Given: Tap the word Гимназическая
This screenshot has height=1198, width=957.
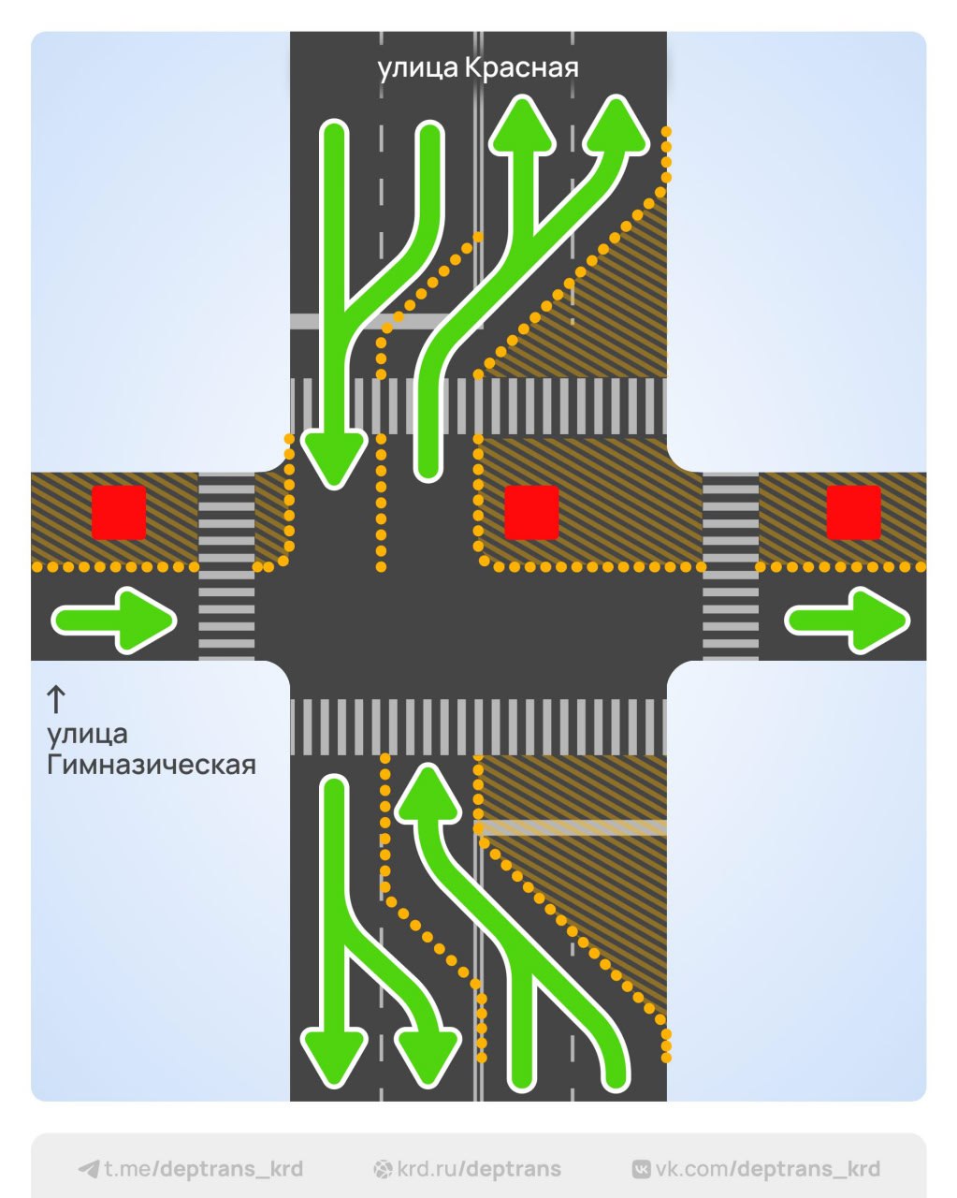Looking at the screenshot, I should pos(152,765).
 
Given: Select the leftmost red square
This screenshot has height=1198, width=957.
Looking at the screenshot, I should pos(119,512).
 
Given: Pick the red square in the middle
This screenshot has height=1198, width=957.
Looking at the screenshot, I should pos(531,512).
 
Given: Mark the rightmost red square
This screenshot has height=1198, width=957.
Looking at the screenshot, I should pos(853,512).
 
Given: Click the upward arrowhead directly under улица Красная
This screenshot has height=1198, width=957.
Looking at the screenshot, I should pos(522,127).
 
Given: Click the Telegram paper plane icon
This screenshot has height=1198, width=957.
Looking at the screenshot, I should pos(89,1169).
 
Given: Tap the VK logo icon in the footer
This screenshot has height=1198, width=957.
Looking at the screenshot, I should pos(642,1169).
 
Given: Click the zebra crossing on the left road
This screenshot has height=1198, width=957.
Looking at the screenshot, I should pos(226,566).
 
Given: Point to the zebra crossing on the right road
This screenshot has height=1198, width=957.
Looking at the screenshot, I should pos(731,566).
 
